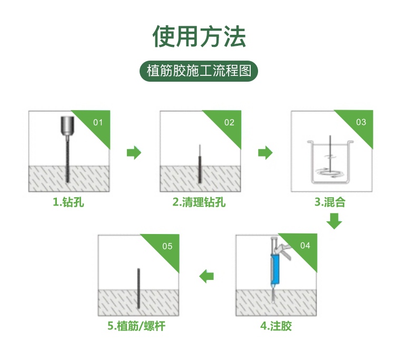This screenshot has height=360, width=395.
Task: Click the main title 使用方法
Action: [x=199, y=36]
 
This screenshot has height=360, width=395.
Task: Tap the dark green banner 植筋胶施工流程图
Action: [x=199, y=71]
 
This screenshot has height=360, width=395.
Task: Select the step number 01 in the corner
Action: [x=98, y=122]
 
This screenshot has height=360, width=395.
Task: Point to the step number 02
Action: [x=229, y=122]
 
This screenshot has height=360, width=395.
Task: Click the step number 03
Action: [x=361, y=122]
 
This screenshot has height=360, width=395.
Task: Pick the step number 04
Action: [x=305, y=246]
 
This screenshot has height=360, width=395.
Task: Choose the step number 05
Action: [x=167, y=246]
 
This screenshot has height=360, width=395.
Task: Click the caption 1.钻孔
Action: [x=68, y=202]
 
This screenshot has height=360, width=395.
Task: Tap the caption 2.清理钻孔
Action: [x=199, y=202]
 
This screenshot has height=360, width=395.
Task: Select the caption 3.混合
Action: [x=330, y=202]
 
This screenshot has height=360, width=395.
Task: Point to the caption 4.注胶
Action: [x=276, y=326]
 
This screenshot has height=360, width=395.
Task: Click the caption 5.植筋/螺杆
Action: [x=136, y=326]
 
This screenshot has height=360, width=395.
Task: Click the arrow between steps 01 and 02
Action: [x=134, y=152]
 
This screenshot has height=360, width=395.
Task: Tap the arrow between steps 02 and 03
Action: [x=265, y=152]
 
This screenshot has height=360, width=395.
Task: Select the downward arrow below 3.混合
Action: [x=334, y=221]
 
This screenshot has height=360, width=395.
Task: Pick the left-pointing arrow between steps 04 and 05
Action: [x=206, y=276]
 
